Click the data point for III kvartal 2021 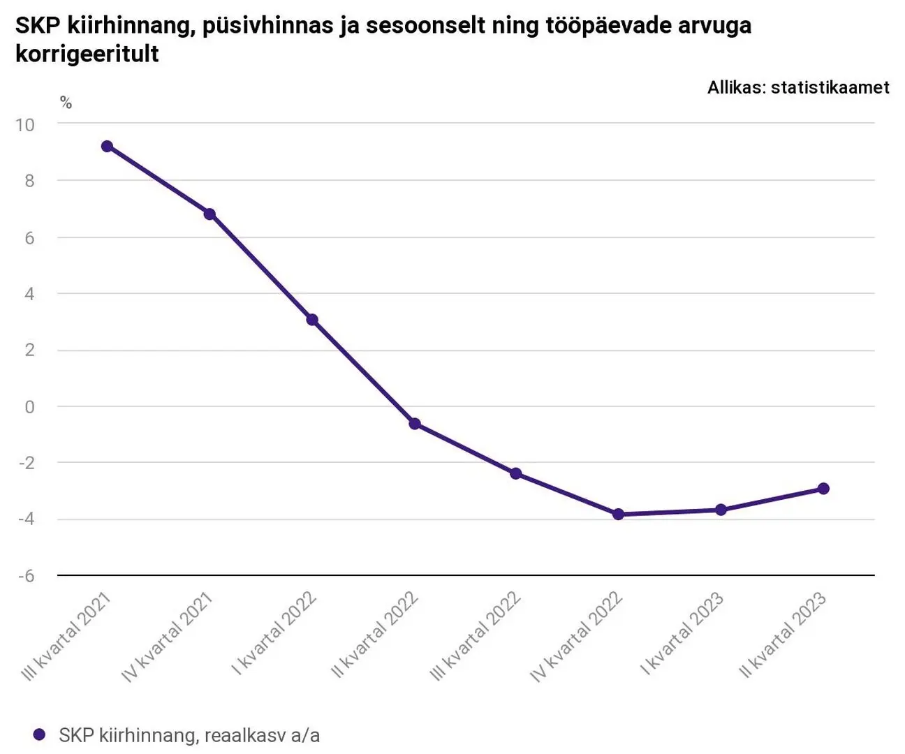click(x=107, y=147)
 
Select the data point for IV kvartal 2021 click(x=209, y=214)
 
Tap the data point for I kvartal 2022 click(x=312, y=320)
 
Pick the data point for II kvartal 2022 click(x=415, y=424)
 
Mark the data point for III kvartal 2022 click(x=516, y=474)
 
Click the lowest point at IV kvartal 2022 click(x=618, y=515)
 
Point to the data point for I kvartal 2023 click(x=721, y=510)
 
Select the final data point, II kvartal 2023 click(x=823, y=489)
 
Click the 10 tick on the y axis click(x=25, y=125)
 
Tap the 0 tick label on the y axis click(x=29, y=407)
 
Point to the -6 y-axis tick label click(x=26, y=576)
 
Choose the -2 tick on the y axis click(x=26, y=463)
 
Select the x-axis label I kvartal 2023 click(x=682, y=634)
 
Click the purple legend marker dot click(x=40, y=734)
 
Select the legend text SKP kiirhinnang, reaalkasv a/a click(x=189, y=735)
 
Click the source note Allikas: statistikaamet click(x=798, y=87)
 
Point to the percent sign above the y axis click(x=66, y=103)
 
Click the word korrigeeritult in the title click(x=87, y=54)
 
